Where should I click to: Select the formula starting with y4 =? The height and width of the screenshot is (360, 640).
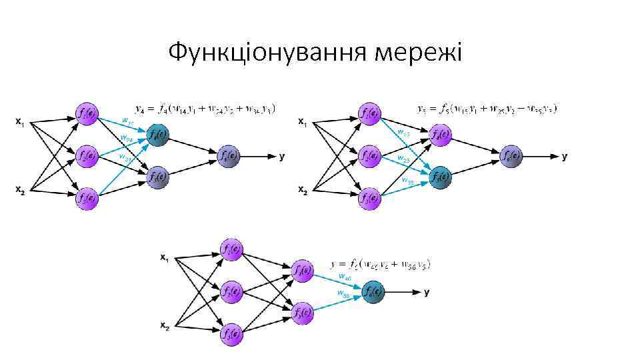[x=205, y=107]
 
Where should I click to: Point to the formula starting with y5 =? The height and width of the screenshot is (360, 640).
[x=487, y=108]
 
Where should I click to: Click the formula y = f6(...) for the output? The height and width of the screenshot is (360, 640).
[x=381, y=264]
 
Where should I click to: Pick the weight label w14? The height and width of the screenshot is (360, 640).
[x=127, y=121]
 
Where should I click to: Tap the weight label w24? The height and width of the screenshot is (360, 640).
[x=125, y=139]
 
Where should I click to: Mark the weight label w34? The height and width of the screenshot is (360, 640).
[x=125, y=158]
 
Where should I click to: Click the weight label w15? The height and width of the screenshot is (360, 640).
[x=403, y=132]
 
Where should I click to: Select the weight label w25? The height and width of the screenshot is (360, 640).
[x=403, y=160]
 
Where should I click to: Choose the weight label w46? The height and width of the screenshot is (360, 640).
[x=345, y=276]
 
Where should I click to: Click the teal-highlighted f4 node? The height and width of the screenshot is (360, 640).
[x=158, y=136]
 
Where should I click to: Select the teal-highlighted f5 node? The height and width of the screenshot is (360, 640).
[x=440, y=177]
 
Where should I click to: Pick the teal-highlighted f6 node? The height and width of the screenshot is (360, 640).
[x=372, y=291]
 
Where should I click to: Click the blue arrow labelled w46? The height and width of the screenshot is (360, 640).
[x=337, y=281]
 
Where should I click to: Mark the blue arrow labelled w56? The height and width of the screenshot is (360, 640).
[x=337, y=302]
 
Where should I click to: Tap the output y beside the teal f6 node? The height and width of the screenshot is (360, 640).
[x=427, y=292]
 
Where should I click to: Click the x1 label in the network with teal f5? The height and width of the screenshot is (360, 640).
[x=303, y=122]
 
